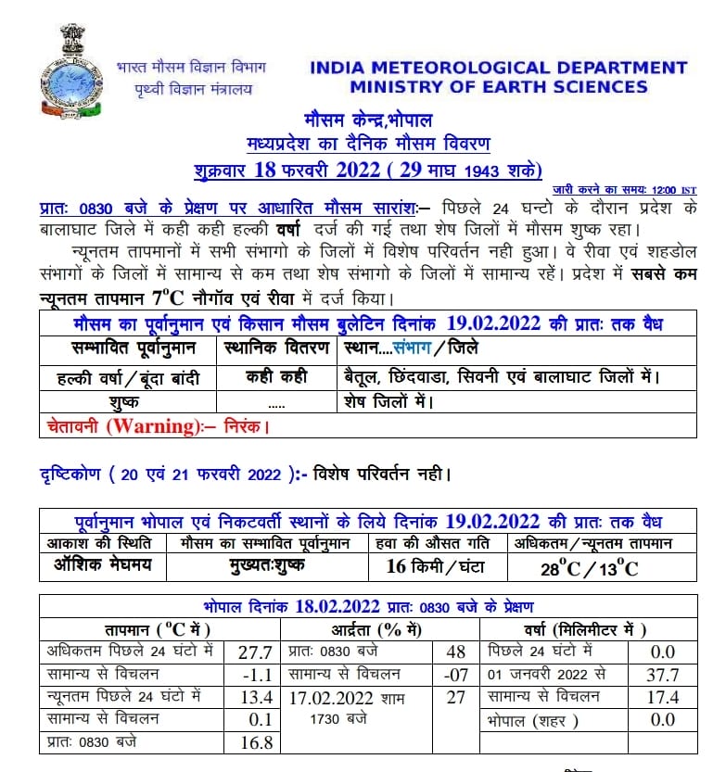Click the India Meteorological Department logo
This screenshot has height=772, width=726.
pyautogui.click(x=70, y=70)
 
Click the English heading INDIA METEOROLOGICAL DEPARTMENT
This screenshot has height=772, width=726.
pyautogui.click(x=498, y=68)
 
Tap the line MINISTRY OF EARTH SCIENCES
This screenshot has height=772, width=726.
pyautogui.click(x=498, y=87)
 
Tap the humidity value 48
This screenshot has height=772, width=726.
pyautogui.click(x=455, y=652)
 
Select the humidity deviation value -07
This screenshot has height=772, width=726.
pyautogui.click(x=455, y=675)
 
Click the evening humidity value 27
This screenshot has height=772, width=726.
pyautogui.click(x=455, y=697)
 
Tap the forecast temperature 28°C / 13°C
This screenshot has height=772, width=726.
pyautogui.click(x=590, y=568)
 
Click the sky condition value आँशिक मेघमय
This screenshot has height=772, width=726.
pyautogui.click(x=103, y=565)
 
